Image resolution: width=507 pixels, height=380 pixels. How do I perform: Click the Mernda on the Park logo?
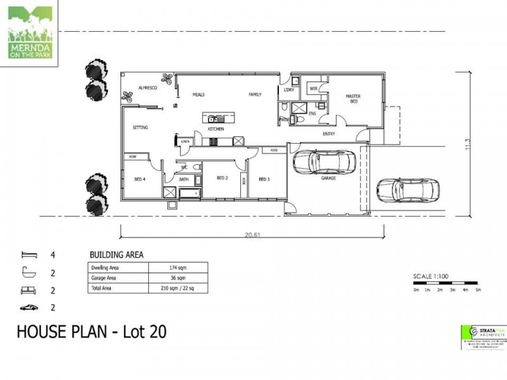coord(30,32)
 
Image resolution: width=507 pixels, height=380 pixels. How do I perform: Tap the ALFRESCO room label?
coord(147,88)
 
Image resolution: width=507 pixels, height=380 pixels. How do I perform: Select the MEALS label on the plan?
coord(199,95)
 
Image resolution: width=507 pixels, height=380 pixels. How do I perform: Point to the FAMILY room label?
coord(255,95)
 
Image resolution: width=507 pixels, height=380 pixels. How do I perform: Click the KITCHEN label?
coord(216,129)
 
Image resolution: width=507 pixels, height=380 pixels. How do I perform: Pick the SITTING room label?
coord(140,127)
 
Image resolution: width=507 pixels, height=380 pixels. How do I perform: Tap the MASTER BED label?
coord(352,99)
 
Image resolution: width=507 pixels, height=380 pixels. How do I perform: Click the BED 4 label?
coord(140,179)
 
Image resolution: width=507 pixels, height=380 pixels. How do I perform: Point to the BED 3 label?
coord(265,179)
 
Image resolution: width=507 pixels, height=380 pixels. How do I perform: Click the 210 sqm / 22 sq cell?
coord(177,288)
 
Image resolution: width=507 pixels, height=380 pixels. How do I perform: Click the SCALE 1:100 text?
coord(430,277)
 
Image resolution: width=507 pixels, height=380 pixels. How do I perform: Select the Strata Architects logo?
coord(484,335)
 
